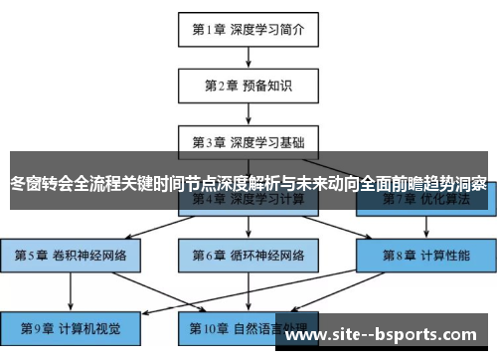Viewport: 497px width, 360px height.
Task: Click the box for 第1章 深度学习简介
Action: [x=248, y=29]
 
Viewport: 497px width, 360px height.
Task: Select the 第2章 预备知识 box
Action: [x=248, y=86]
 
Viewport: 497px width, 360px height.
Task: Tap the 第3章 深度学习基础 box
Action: [x=248, y=141]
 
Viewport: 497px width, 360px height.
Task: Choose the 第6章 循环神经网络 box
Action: [x=248, y=256]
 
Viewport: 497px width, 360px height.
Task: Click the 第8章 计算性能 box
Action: [x=426, y=256]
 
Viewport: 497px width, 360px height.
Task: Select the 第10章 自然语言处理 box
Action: [x=248, y=327]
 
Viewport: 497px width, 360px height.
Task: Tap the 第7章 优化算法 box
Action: [x=426, y=200]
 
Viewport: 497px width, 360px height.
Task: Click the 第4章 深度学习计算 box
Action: [x=248, y=200]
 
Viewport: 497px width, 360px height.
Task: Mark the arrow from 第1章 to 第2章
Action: [x=248, y=57]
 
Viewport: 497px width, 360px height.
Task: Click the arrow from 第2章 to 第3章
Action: [x=248, y=113]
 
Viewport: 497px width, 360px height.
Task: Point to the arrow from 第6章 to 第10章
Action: [x=248, y=291]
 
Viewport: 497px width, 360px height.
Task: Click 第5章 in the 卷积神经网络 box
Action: [x=32, y=256]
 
